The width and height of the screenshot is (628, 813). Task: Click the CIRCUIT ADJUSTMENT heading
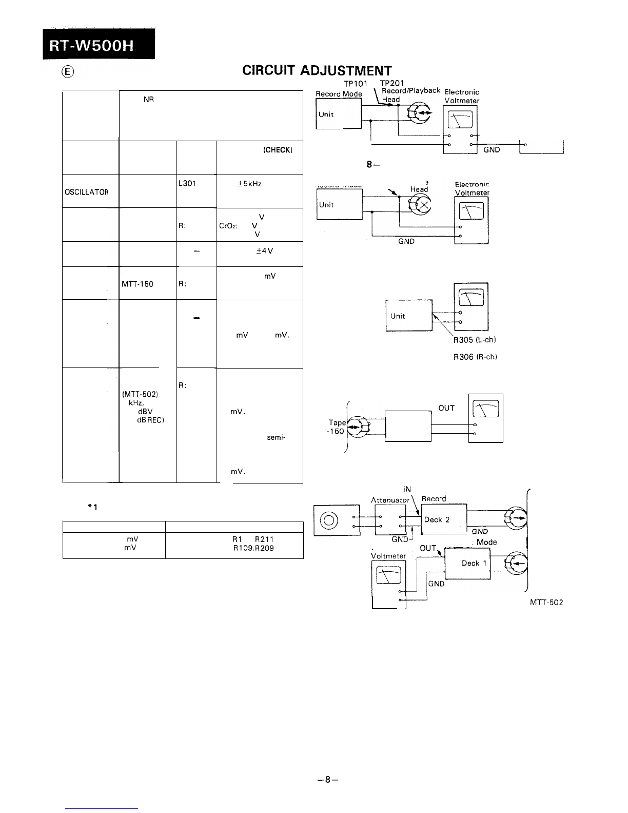click(x=317, y=71)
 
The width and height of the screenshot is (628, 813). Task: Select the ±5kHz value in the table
click(x=250, y=183)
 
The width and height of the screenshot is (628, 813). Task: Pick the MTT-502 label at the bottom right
click(x=546, y=603)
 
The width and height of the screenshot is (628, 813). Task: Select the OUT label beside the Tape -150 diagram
click(x=446, y=408)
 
